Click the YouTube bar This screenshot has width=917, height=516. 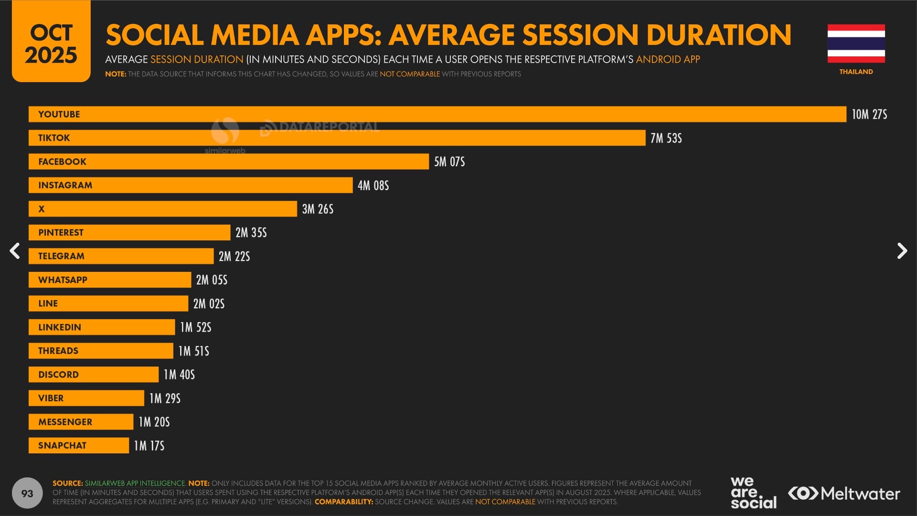pyautogui.click(x=437, y=114)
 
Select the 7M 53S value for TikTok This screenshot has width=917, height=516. pyautogui.click(x=666, y=138)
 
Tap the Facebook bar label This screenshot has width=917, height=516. pyautogui.click(x=62, y=161)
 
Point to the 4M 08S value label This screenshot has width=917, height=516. pyautogui.click(x=373, y=185)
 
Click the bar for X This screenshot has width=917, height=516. pyautogui.click(x=162, y=209)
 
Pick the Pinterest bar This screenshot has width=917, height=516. pyautogui.click(x=129, y=233)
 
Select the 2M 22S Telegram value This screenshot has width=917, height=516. pyautogui.click(x=234, y=257)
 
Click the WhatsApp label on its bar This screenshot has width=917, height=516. pyautogui.click(x=63, y=280)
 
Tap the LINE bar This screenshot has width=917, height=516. pyautogui.click(x=108, y=303)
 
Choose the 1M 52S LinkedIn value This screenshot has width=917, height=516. pyautogui.click(x=195, y=327)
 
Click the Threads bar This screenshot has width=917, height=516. pyautogui.click(x=100, y=351)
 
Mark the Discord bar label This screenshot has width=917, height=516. pyautogui.click(x=58, y=375)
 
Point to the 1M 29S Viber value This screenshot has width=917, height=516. pyautogui.click(x=165, y=398)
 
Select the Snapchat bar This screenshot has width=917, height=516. pyautogui.click(x=78, y=445)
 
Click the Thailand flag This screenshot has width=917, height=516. pyautogui.click(x=856, y=43)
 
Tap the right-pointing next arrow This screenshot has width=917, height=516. pyautogui.click(x=902, y=251)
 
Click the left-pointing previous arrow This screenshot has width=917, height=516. pyautogui.click(x=15, y=251)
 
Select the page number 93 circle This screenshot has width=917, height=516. pyautogui.click(x=27, y=493)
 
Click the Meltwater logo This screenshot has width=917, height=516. pyautogui.click(x=844, y=493)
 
